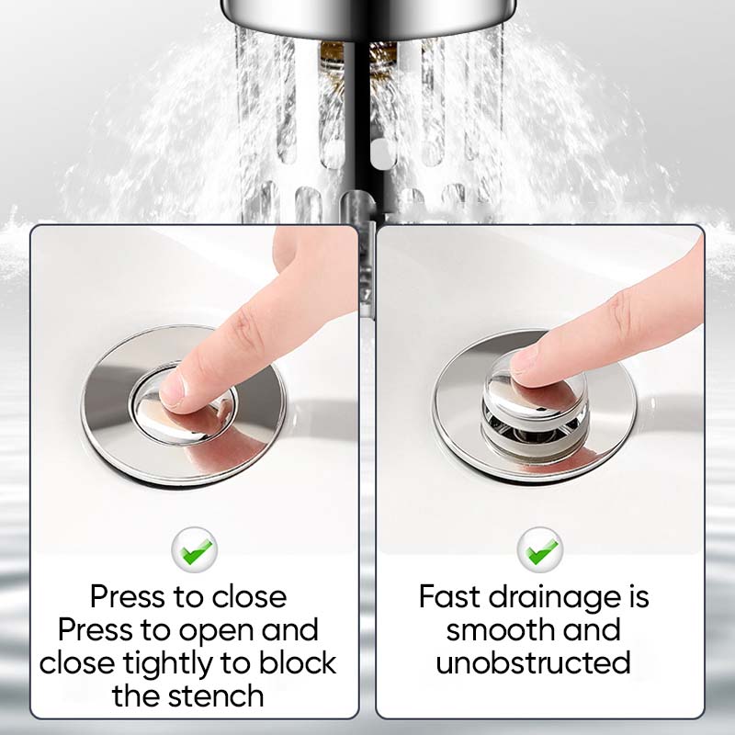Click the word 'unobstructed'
pos(533,662)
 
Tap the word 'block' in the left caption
pos(298,662)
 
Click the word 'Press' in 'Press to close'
pos(127,596)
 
